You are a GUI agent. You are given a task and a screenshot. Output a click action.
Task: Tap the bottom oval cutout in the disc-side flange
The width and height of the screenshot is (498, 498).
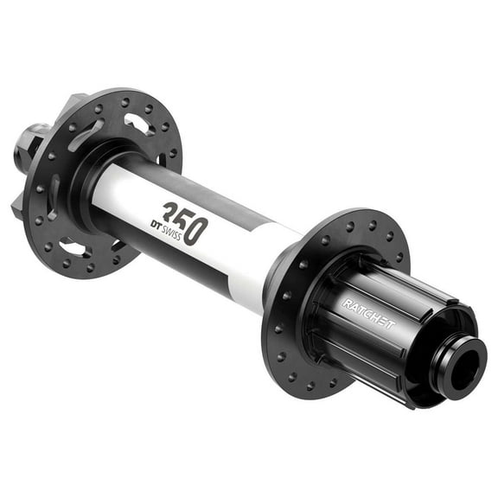(x=74, y=249)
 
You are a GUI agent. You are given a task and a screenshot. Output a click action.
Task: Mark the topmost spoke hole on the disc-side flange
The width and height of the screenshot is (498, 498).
(x=127, y=101)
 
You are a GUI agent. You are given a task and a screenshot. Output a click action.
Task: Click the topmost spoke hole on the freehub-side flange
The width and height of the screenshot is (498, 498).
(x=350, y=227)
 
